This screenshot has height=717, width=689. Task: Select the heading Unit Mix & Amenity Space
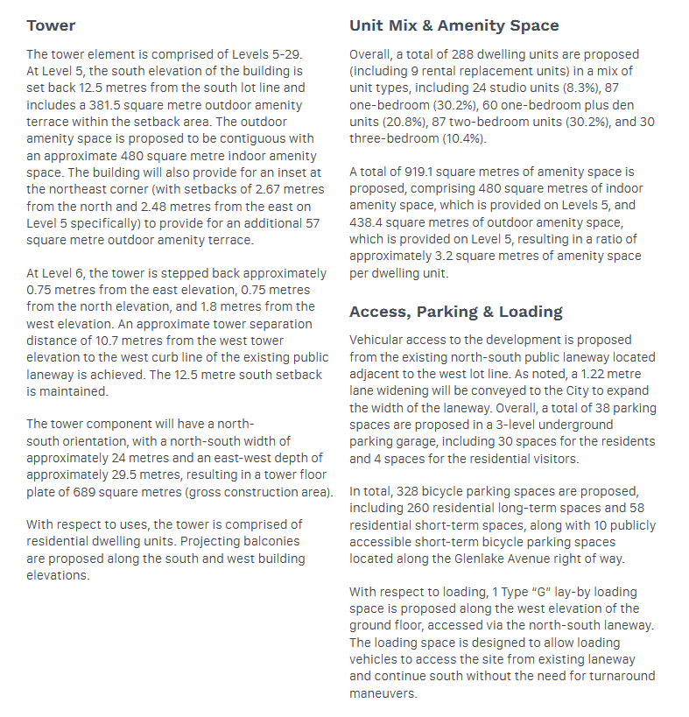[x=453, y=25]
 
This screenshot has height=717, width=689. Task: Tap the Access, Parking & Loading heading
[x=455, y=312]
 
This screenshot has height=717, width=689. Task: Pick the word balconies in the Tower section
[x=270, y=542]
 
